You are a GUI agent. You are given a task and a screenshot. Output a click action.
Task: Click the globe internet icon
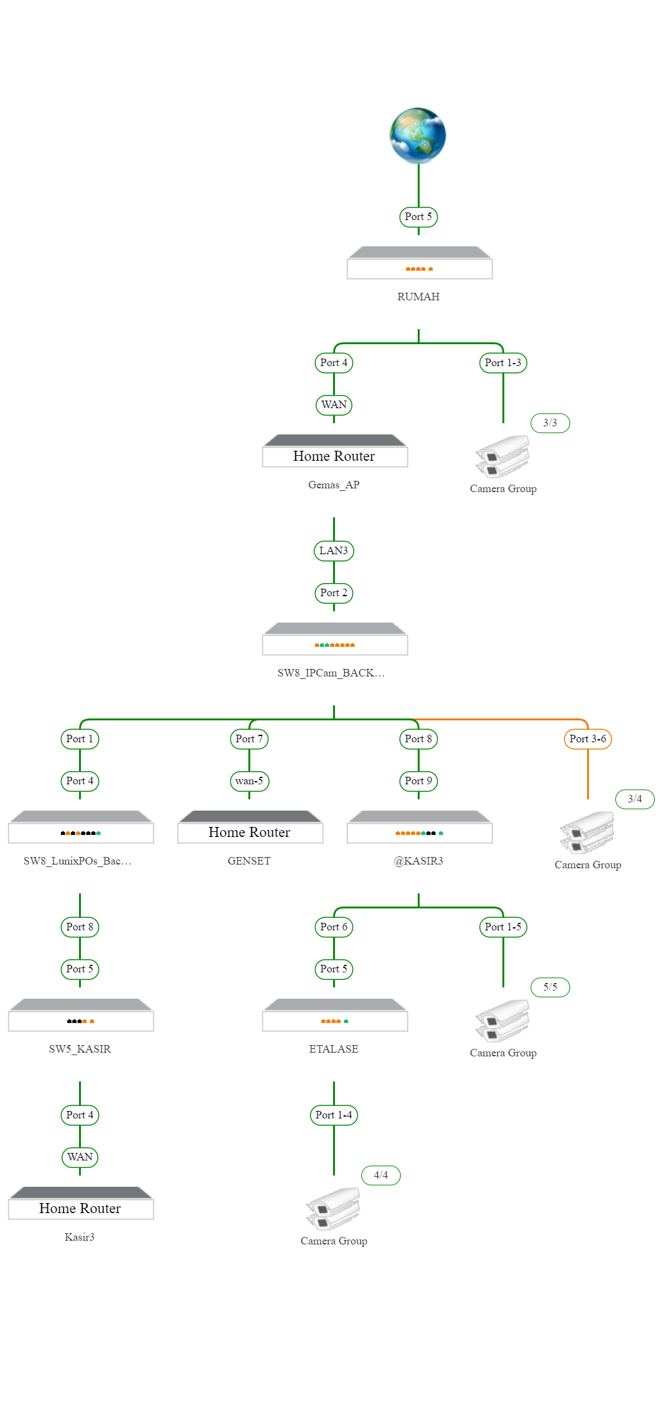point(418,135)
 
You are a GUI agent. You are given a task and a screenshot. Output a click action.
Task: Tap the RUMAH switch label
point(418,297)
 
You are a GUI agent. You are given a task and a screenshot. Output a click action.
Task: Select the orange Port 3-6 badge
point(588,739)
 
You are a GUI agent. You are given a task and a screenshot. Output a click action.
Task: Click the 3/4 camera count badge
point(635,799)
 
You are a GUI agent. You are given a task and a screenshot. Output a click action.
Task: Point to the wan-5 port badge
point(249,781)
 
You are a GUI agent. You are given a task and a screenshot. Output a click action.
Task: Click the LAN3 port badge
point(334,551)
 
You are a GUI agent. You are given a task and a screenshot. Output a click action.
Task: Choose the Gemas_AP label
point(334,485)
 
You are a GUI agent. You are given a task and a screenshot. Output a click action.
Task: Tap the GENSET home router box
point(250,827)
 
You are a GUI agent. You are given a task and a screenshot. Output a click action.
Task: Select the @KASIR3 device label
point(418,861)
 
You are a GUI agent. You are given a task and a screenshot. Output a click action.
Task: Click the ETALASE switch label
point(334,1049)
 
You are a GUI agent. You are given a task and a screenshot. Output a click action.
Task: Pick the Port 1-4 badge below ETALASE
point(334,1115)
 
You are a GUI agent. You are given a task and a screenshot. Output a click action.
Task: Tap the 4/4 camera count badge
point(381,1175)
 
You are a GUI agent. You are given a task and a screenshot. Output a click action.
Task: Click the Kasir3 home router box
point(81,1203)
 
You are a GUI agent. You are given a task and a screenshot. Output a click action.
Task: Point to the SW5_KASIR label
point(80,1049)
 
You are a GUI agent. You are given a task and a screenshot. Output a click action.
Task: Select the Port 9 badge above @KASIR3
point(418,781)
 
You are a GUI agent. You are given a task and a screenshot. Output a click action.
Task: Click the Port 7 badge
point(249,739)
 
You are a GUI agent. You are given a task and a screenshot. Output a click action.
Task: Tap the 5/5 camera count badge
point(550,987)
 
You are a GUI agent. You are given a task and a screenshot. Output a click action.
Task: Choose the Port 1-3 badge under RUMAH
point(503,363)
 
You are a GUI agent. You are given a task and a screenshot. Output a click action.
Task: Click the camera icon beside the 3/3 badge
point(502,457)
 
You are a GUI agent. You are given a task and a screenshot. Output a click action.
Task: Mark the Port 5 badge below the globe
point(418,217)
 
